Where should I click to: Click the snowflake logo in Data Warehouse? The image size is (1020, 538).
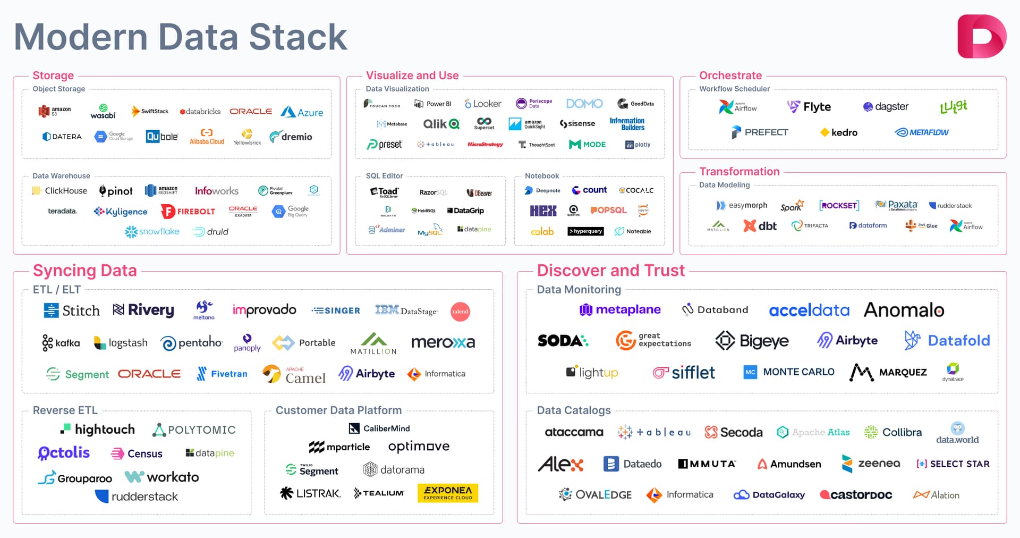(x=152, y=232)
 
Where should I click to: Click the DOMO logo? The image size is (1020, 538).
(x=584, y=104)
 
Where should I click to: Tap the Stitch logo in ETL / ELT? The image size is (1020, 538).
(x=72, y=310)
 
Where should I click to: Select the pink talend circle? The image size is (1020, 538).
(x=460, y=312)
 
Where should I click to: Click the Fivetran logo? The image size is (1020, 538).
(x=222, y=374)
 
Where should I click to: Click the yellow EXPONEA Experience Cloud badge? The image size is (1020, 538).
(x=448, y=493)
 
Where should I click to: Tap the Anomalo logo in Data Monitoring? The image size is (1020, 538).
(x=904, y=310)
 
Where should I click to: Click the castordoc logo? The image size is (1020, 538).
(x=856, y=495)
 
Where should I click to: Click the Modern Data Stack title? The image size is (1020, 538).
(x=181, y=37)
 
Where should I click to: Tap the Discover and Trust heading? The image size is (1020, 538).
(x=610, y=271)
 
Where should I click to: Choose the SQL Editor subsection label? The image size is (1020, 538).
(x=384, y=176)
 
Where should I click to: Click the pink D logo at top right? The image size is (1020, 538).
(x=981, y=37)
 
